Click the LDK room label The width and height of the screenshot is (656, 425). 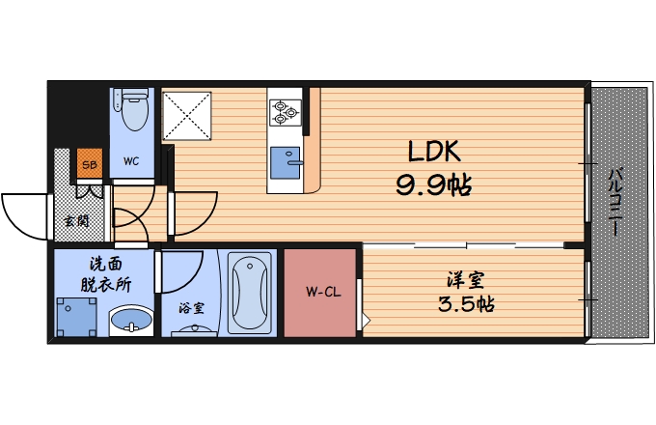[x=434, y=151]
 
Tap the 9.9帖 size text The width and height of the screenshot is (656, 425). [x=434, y=185]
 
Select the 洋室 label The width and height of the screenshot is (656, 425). [x=466, y=280]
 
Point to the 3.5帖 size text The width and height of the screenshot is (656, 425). [x=466, y=303]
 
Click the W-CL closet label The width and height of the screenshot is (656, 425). [x=323, y=292]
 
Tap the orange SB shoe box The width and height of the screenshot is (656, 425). [x=90, y=163]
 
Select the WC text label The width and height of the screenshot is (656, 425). [x=131, y=161]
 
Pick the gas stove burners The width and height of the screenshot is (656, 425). [x=286, y=112]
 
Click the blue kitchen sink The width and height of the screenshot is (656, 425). [x=286, y=162]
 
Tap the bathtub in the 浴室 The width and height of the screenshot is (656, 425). [x=250, y=293]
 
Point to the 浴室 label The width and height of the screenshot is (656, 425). [x=192, y=308]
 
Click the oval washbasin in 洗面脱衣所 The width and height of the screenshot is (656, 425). [x=131, y=321]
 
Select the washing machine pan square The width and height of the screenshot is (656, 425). [x=76, y=317]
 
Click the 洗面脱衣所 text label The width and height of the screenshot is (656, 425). [x=105, y=274]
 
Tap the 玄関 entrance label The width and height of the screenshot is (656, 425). [x=76, y=220]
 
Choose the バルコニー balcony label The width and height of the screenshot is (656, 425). [x=614, y=202]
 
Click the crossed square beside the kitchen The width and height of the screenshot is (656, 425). [x=186, y=116]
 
